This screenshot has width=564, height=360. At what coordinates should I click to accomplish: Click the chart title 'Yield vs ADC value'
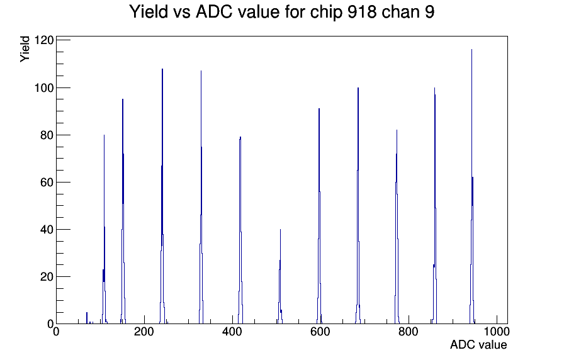(205, 12)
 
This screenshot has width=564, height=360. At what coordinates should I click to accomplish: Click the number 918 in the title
(363, 12)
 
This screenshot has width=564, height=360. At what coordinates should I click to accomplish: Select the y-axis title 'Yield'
(25, 49)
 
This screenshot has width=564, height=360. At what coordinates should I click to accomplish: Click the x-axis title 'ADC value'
(478, 345)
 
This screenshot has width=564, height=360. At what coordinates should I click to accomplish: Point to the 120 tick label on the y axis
(43, 40)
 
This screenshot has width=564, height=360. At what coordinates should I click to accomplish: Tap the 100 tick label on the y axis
(43, 87)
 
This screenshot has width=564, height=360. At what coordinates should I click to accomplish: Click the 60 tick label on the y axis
(47, 183)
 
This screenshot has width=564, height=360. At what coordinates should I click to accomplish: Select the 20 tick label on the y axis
(47, 276)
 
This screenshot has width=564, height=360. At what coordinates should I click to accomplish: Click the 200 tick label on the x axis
(144, 331)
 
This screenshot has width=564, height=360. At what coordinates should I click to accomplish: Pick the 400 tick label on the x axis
(232, 331)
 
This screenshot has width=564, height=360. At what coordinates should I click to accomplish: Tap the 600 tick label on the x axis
(320, 331)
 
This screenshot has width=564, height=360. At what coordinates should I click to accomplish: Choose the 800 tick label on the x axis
(409, 331)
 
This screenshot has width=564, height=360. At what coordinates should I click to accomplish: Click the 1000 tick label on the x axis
(496, 331)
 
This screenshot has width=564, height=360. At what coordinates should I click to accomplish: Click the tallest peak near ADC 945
(472, 187)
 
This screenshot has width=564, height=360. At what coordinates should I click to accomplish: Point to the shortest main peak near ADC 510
(280, 277)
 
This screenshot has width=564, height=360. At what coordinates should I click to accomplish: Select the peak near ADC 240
(162, 196)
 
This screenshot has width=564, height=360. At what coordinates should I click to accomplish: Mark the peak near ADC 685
(358, 206)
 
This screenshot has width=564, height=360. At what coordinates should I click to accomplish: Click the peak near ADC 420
(240, 230)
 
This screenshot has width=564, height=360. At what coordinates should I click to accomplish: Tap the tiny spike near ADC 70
(87, 318)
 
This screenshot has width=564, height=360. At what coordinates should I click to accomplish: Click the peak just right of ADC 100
(104, 230)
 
